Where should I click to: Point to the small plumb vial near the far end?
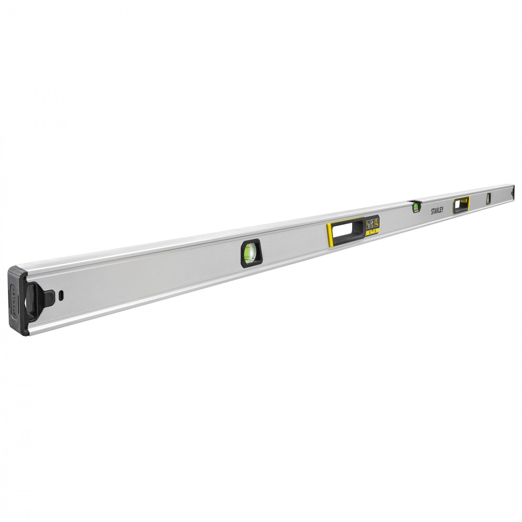(489, 198)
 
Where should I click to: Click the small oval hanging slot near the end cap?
(62, 294)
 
